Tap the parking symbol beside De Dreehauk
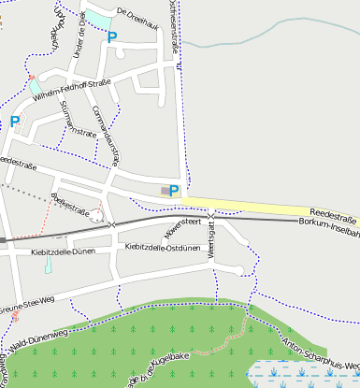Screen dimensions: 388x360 [x=112, y=37]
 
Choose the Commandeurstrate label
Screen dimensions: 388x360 [x=108, y=137]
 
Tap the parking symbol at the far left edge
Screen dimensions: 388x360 [x=14, y=121]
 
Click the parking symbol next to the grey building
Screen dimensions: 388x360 [x=174, y=191]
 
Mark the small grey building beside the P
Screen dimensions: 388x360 [x=166, y=191]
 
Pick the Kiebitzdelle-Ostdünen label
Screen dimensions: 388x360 [x=163, y=248]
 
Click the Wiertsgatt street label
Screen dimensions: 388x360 [x=211, y=241]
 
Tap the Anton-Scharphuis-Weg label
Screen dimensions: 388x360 [x=317, y=355]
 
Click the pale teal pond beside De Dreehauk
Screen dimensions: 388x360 [x=96, y=17]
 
